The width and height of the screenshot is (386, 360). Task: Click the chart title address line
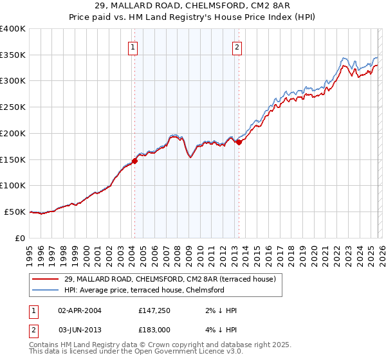[193, 6]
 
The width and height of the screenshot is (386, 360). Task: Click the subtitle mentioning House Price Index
[193, 17]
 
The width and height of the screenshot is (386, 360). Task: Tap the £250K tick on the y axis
[13, 107]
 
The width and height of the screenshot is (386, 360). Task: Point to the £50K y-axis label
[15, 212]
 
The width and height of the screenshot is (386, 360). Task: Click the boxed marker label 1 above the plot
[133, 46]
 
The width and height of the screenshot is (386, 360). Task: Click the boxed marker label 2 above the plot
[237, 46]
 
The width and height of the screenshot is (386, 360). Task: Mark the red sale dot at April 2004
[134, 161]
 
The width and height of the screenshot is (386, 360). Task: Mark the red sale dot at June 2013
[239, 142]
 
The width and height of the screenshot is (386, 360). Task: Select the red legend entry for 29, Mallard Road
[170, 279]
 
